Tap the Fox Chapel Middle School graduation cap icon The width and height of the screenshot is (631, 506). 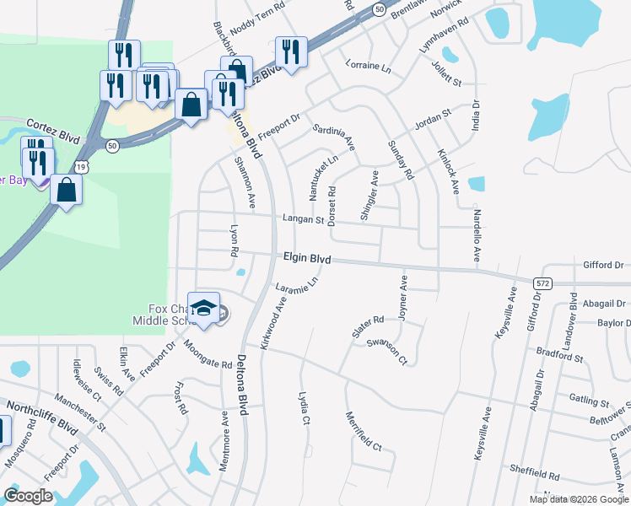(x=203, y=308)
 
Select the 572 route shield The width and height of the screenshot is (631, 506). (x=542, y=283)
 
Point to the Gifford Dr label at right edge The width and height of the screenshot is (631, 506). (x=602, y=265)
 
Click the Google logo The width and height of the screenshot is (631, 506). (x=28, y=495)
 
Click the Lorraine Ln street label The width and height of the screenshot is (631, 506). (x=369, y=65)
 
